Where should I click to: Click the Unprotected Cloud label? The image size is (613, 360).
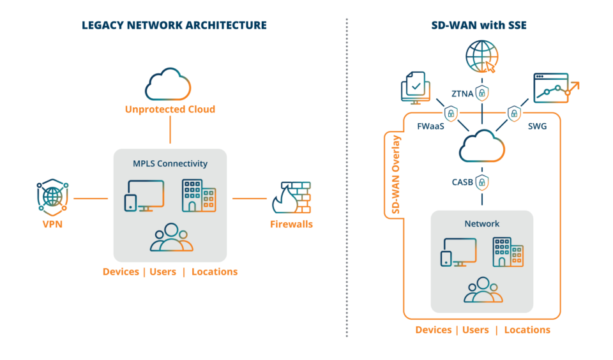[x=170, y=109]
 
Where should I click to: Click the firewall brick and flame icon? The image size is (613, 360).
[x=291, y=198]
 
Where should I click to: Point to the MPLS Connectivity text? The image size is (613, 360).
[x=170, y=163]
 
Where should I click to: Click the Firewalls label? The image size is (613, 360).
[x=291, y=224]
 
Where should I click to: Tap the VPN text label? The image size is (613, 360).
[x=52, y=224]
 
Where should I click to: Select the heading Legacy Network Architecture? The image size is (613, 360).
[x=174, y=26]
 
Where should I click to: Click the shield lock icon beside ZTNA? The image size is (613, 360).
[x=482, y=93]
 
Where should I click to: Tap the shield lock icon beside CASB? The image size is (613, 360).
[x=482, y=182]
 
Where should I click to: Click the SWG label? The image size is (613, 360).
[x=537, y=126]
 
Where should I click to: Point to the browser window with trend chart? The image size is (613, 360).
[x=552, y=88]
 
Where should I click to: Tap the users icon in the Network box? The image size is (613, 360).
[x=483, y=290]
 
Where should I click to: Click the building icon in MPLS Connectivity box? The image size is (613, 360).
[x=199, y=195]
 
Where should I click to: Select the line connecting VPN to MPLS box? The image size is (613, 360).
[x=91, y=199]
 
